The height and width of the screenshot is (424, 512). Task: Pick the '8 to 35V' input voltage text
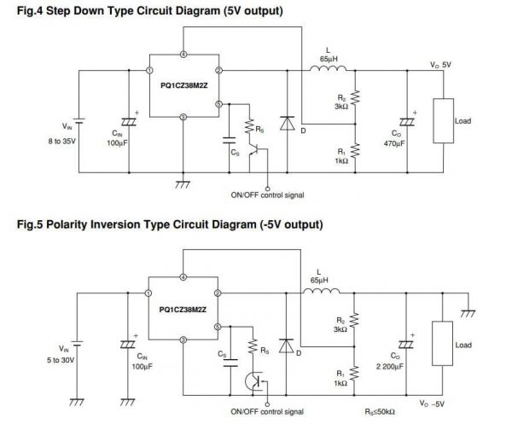63,140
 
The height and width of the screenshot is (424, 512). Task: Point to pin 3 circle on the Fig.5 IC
184,340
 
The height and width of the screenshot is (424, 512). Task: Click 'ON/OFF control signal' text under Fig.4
269,195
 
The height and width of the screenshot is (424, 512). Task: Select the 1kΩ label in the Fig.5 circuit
340,384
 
